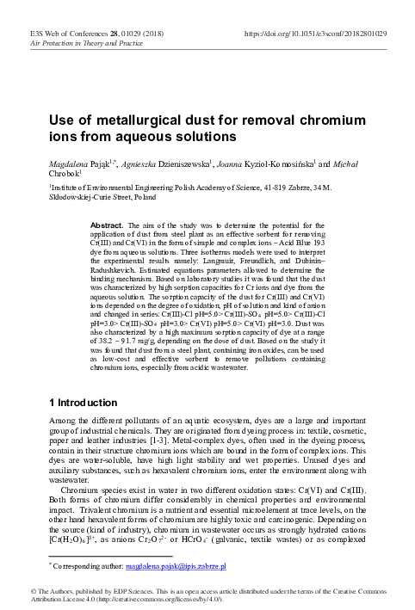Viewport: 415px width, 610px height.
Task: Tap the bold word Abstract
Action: click(x=108, y=224)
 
